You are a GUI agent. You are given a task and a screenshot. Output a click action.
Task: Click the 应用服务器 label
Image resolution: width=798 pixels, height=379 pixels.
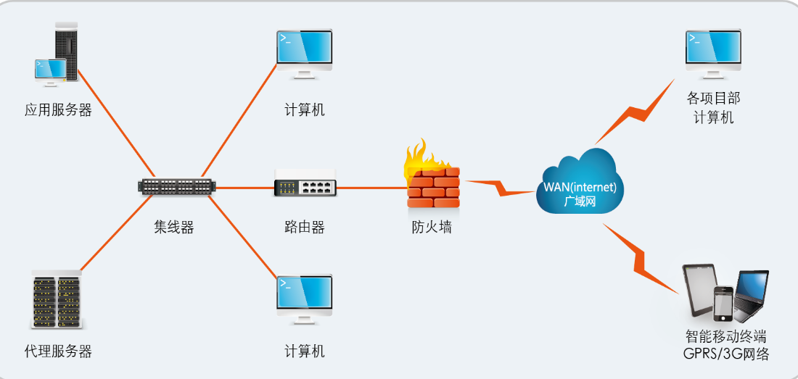click(58, 111)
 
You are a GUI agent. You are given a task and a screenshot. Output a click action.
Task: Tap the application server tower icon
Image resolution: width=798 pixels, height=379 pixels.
click(65, 45)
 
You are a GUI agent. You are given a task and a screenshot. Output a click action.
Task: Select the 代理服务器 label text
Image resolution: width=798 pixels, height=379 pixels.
click(58, 352)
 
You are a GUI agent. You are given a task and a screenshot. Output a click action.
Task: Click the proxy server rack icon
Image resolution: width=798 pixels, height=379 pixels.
click(57, 301)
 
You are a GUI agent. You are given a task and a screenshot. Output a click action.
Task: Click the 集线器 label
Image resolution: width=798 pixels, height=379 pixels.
click(174, 227)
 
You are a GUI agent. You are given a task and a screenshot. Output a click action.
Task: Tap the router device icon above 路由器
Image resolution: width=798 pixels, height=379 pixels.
click(305, 187)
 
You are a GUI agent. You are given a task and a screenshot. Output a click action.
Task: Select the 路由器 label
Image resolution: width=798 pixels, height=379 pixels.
click(305, 227)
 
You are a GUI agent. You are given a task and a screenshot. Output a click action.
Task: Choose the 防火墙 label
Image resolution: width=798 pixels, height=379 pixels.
click(432, 227)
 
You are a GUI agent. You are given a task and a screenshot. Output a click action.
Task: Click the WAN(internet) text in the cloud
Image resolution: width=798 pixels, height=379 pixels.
click(580, 187)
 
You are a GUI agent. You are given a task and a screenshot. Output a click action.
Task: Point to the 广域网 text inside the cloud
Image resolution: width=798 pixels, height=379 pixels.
click(580, 201)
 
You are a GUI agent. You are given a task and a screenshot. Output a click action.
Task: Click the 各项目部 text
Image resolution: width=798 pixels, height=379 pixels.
click(714, 99)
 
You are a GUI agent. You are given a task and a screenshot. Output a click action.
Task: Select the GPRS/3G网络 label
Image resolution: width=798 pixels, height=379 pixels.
click(725, 354)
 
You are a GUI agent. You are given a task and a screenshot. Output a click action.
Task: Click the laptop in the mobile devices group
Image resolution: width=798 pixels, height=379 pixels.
click(751, 296)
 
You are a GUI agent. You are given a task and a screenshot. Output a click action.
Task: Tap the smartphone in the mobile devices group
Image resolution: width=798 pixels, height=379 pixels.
click(723, 303)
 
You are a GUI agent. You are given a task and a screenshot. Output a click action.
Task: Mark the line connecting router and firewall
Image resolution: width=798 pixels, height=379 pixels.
click(371, 188)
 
